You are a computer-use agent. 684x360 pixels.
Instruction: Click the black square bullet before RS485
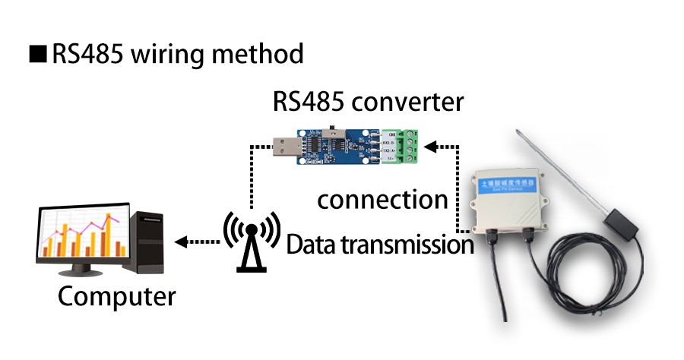click(x=38, y=55)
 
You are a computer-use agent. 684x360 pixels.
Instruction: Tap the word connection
click(x=382, y=200)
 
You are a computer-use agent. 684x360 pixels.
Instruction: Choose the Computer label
click(x=116, y=295)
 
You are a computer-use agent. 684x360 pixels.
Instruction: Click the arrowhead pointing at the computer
click(x=180, y=242)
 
